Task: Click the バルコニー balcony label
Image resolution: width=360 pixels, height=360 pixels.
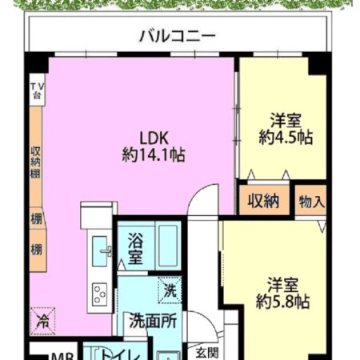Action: pyautogui.click(x=177, y=36)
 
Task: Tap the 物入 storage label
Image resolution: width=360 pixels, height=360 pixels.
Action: pyautogui.click(x=311, y=201)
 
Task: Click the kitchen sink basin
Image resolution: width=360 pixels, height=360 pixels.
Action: pyautogui.click(x=102, y=250)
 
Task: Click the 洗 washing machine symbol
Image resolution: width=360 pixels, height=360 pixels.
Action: pyautogui.click(x=170, y=290)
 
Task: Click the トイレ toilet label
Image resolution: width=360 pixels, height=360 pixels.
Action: pyautogui.click(x=117, y=355)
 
